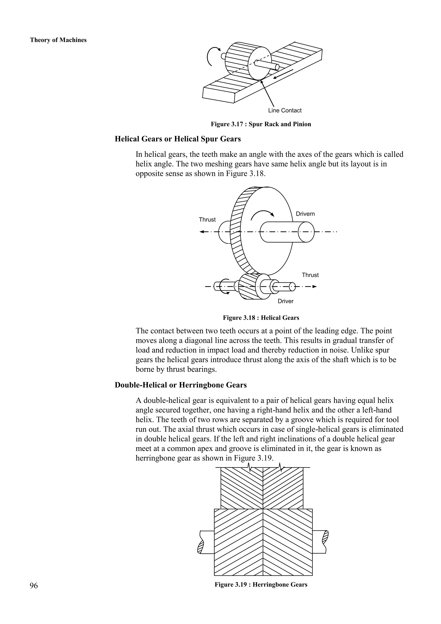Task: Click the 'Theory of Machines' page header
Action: pyautogui.click(x=58, y=40)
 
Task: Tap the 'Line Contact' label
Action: pyautogui.click(x=285, y=110)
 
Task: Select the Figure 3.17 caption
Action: pyautogui.click(x=261, y=124)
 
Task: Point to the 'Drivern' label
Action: pyautogui.click(x=305, y=214)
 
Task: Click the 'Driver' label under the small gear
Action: pyautogui.click(x=285, y=301)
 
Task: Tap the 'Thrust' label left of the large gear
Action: pyautogui.click(x=207, y=220)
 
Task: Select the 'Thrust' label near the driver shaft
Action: pyautogui.click(x=310, y=275)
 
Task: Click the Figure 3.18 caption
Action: pyautogui.click(x=261, y=318)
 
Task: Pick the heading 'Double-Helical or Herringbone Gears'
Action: pyautogui.click(x=181, y=385)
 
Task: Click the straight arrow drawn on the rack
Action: pyautogui.click(x=283, y=74)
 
